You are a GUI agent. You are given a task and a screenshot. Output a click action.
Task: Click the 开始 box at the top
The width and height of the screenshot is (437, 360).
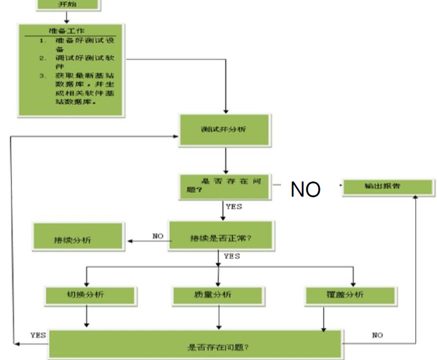[68, 5]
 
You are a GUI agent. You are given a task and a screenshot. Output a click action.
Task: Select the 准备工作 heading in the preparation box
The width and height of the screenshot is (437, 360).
[68, 31]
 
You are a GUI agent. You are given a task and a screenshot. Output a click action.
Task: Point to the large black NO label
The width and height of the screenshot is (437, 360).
[305, 189]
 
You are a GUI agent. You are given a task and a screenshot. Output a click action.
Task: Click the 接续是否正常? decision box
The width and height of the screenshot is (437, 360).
[221, 237]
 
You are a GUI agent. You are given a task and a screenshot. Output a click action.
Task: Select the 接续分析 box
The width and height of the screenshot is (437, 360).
[79, 237]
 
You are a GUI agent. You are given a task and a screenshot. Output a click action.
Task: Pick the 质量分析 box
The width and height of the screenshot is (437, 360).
[218, 295]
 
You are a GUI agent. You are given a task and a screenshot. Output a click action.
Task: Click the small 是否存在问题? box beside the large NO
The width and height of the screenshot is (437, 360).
[225, 185]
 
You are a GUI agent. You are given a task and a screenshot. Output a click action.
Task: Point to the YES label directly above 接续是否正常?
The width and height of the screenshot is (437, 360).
[233, 206]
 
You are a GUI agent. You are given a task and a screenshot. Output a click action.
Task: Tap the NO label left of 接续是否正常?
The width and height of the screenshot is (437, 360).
[158, 236]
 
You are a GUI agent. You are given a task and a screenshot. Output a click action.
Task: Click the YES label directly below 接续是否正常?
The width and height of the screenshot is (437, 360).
[231, 256]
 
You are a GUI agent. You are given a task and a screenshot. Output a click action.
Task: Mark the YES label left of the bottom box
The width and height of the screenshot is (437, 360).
[37, 334]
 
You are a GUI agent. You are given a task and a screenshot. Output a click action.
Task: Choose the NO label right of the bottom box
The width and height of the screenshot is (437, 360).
[378, 334]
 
